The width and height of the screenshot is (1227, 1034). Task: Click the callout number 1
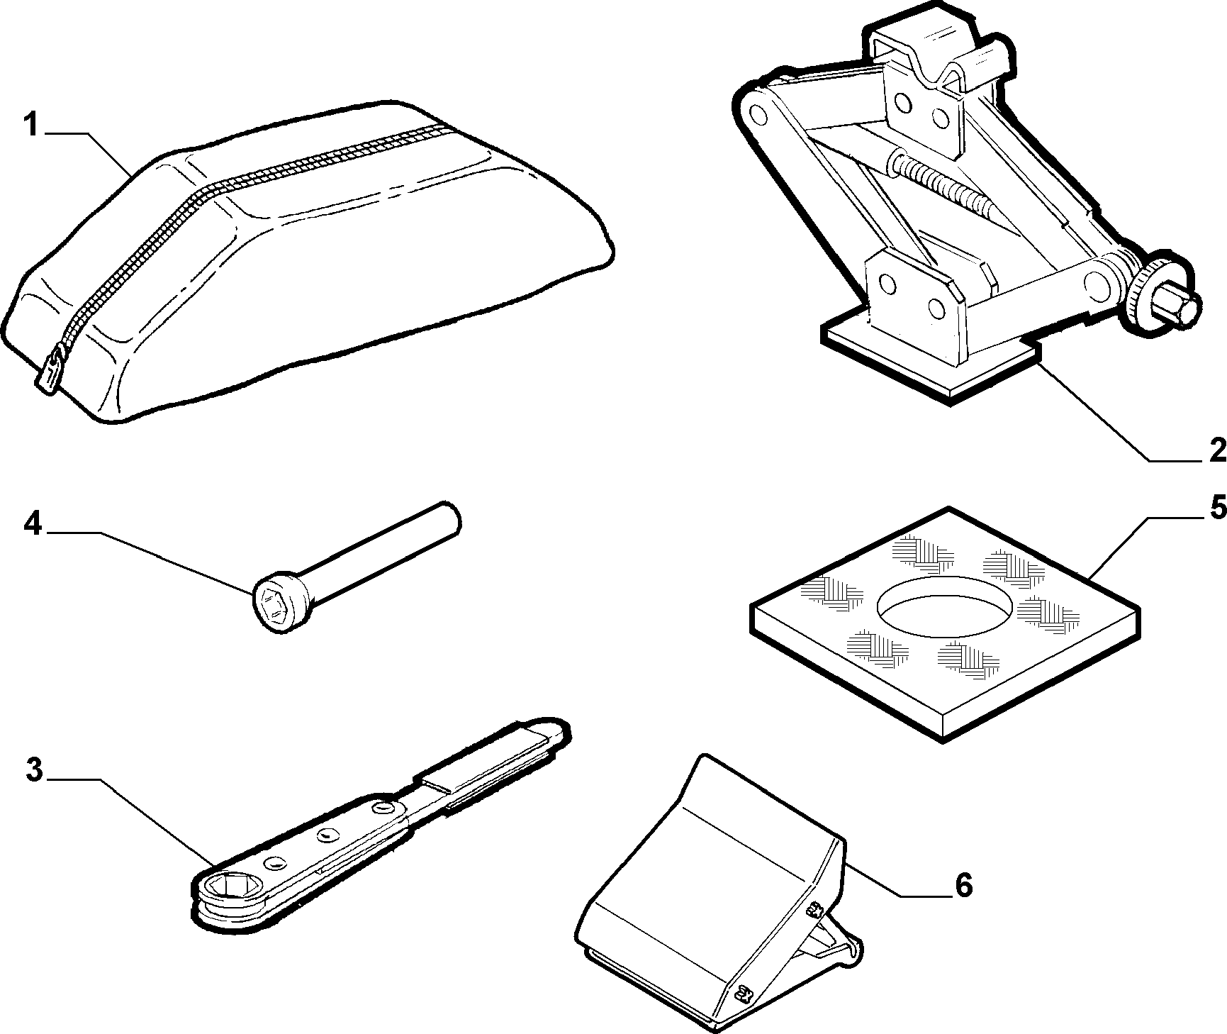30,126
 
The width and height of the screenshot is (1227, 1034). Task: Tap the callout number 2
1214,449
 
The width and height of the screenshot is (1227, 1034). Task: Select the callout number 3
35,771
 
